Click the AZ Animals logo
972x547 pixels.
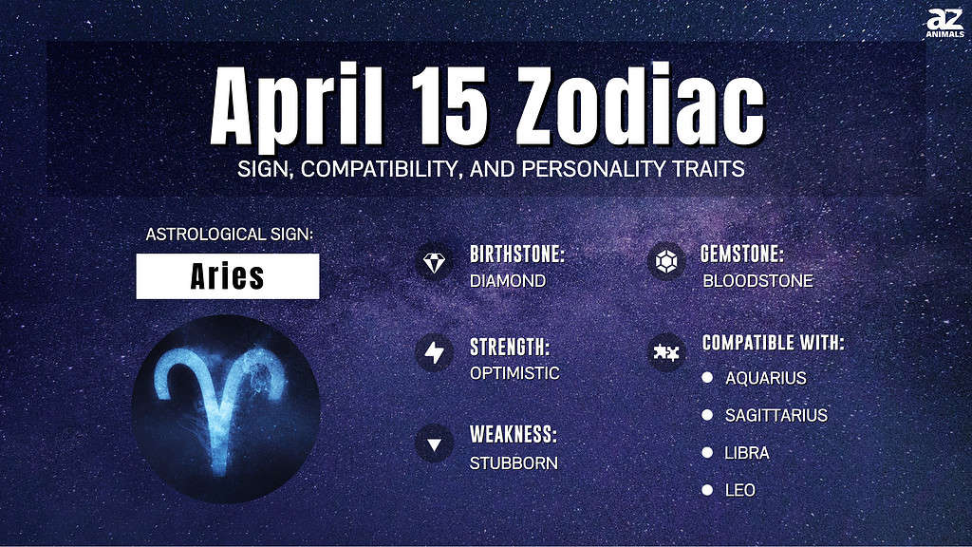944,23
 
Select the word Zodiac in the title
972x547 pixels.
641,104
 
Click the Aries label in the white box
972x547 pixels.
228,276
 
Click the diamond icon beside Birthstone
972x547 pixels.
434,262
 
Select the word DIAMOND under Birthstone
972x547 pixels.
508,281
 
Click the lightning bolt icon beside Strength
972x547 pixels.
434,353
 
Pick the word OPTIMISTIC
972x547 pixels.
514,373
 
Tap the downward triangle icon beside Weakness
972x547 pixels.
434,444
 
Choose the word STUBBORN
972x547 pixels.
514,463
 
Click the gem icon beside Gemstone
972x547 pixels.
666,262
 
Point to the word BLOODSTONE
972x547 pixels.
757,281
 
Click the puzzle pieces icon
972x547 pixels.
666,353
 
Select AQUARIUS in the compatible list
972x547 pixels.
766,378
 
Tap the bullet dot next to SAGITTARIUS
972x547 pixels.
707,415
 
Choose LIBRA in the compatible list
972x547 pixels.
747,453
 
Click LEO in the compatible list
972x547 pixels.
740,491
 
